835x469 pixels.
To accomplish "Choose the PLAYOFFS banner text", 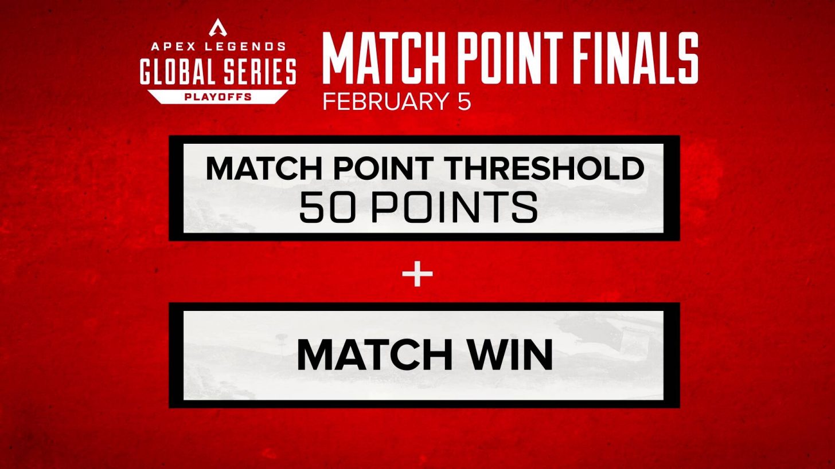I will (x=218, y=97).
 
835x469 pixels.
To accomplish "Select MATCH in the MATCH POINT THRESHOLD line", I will (x=266, y=168).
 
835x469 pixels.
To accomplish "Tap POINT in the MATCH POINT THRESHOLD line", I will (x=382, y=168).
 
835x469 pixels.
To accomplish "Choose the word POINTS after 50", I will (x=454, y=207).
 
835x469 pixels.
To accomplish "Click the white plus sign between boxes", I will (x=417, y=274).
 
